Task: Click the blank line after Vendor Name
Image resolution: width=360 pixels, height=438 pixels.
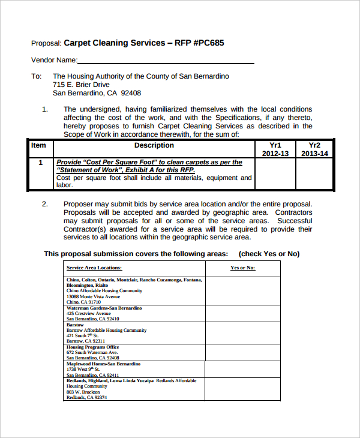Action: [166, 61]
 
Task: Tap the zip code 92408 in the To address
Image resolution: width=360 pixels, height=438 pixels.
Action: [131, 93]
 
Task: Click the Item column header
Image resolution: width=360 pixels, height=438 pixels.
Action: [38, 145]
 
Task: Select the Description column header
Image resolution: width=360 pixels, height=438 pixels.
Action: [154, 145]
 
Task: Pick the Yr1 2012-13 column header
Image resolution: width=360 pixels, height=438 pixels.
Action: [275, 149]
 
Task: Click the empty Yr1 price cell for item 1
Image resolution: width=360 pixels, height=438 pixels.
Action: [275, 175]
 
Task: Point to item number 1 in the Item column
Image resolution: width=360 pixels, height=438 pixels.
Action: [40, 163]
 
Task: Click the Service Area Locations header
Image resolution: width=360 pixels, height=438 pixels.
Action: [94, 268]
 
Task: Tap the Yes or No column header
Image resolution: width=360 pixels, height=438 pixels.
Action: [242, 268]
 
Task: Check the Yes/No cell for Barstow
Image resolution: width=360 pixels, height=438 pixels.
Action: [242, 333]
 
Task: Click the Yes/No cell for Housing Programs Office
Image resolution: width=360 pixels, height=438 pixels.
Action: [242, 352]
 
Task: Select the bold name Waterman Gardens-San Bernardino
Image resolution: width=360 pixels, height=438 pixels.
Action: [104, 308]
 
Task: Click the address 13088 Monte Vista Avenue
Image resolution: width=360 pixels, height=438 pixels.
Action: [93, 296]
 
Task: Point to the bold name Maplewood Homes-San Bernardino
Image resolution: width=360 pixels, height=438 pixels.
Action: [103, 364]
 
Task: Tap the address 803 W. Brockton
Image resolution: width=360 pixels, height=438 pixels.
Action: [83, 392]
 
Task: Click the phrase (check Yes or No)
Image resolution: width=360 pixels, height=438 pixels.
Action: [269, 254]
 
